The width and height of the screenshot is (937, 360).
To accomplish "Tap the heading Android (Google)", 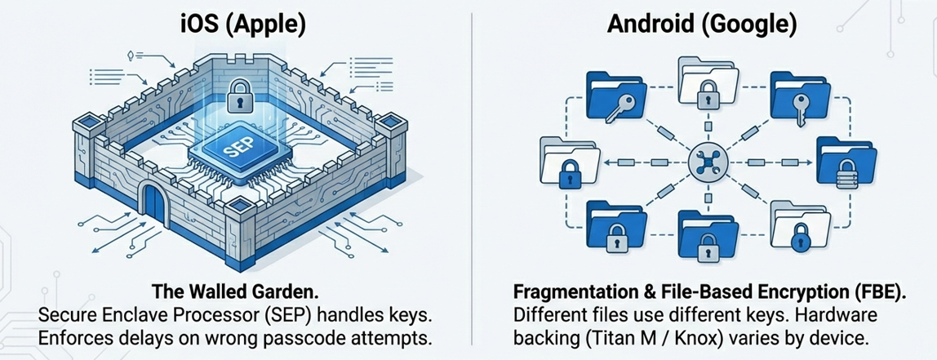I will click(702, 23).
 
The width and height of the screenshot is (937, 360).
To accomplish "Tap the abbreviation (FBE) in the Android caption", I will click(880, 292).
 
